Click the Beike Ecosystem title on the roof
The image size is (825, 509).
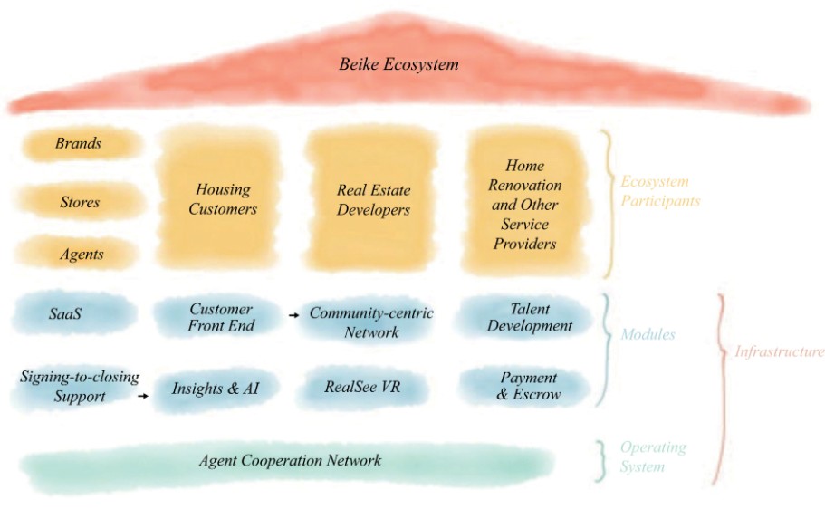coord(398,64)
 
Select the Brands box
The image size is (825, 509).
coord(79,143)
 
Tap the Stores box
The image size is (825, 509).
coord(79,202)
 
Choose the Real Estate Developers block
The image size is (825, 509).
coord(373,200)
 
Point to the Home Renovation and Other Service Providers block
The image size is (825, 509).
coord(524,205)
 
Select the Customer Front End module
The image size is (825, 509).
coord(220,318)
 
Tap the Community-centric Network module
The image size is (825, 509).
coord(371,322)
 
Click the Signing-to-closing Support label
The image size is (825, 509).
coord(79,387)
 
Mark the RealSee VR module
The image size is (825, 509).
coord(362,388)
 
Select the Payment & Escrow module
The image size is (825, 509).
coord(530,386)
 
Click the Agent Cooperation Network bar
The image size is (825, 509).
coord(290,460)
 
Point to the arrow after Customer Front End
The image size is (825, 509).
coord(293,315)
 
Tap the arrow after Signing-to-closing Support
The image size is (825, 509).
coord(143,395)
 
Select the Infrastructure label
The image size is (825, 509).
coord(779,351)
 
